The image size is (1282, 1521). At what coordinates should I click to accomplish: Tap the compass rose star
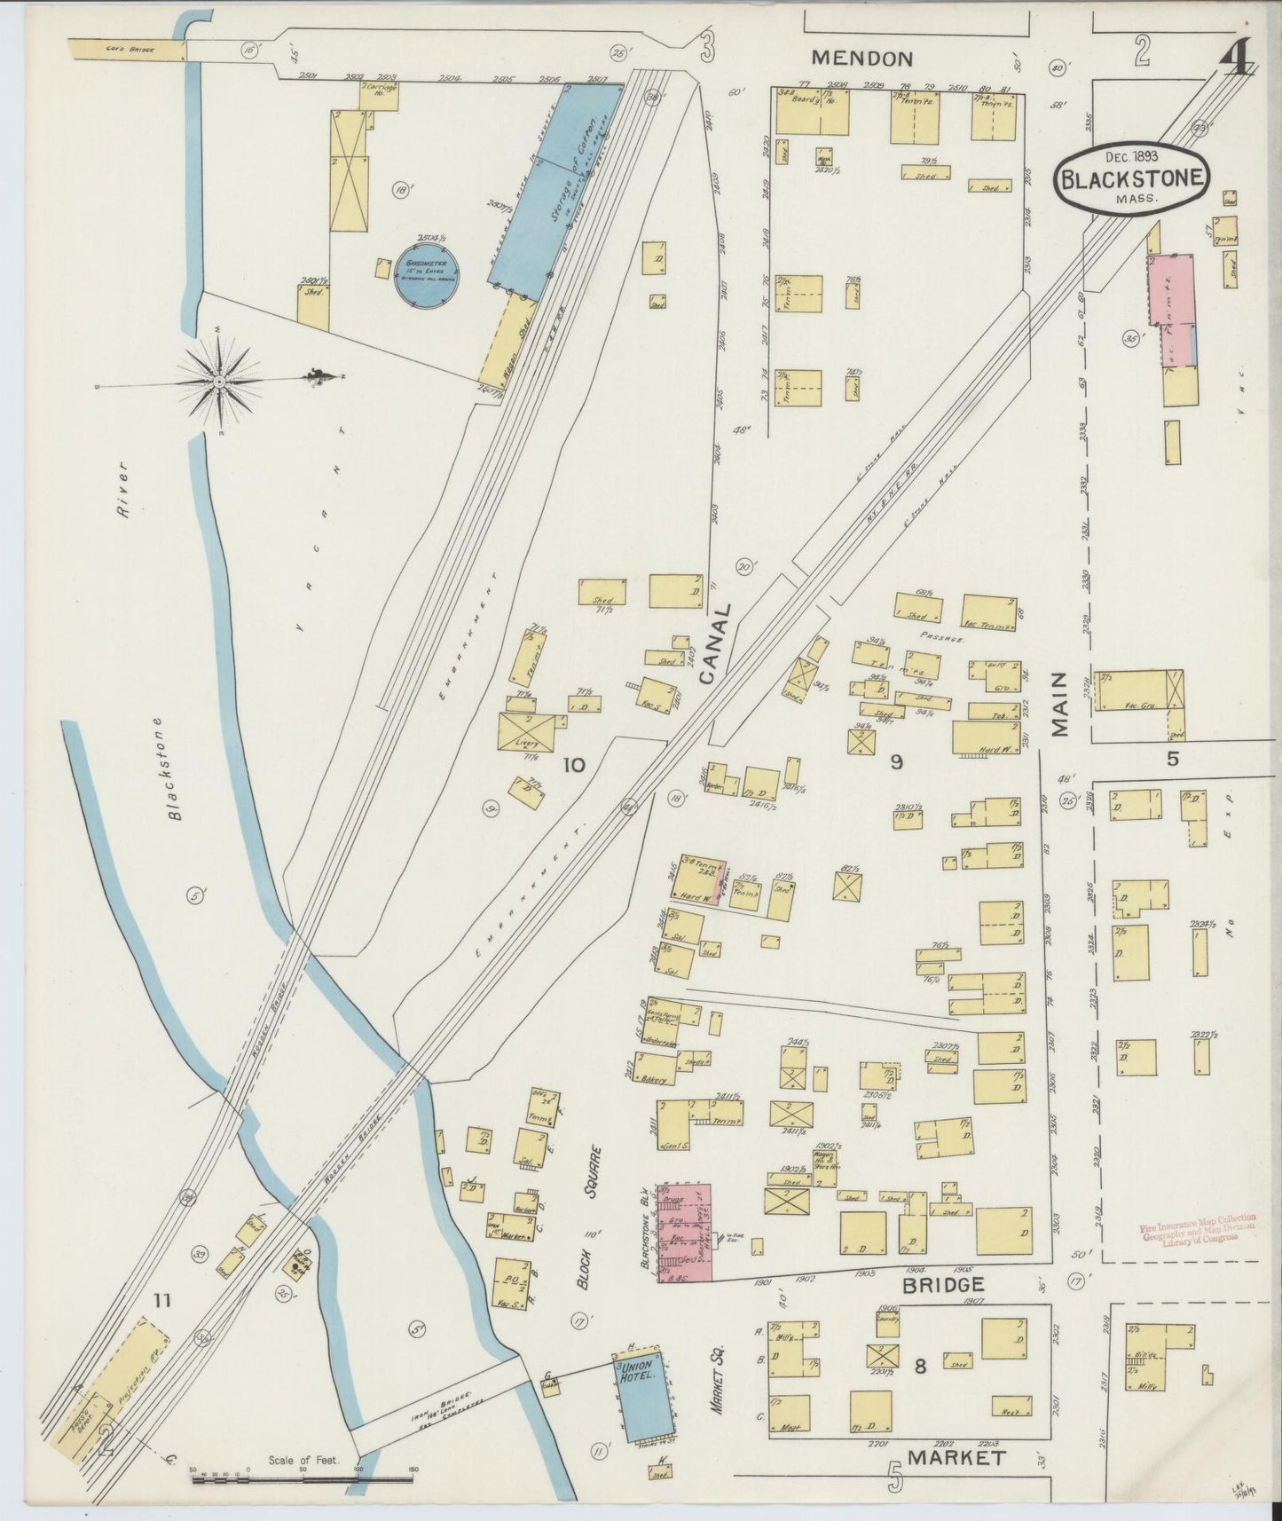click(x=219, y=382)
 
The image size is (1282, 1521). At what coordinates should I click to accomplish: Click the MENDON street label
click(x=862, y=59)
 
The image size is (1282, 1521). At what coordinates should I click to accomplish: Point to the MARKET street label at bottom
click(x=956, y=1457)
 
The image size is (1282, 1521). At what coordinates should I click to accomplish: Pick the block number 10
click(x=573, y=763)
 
